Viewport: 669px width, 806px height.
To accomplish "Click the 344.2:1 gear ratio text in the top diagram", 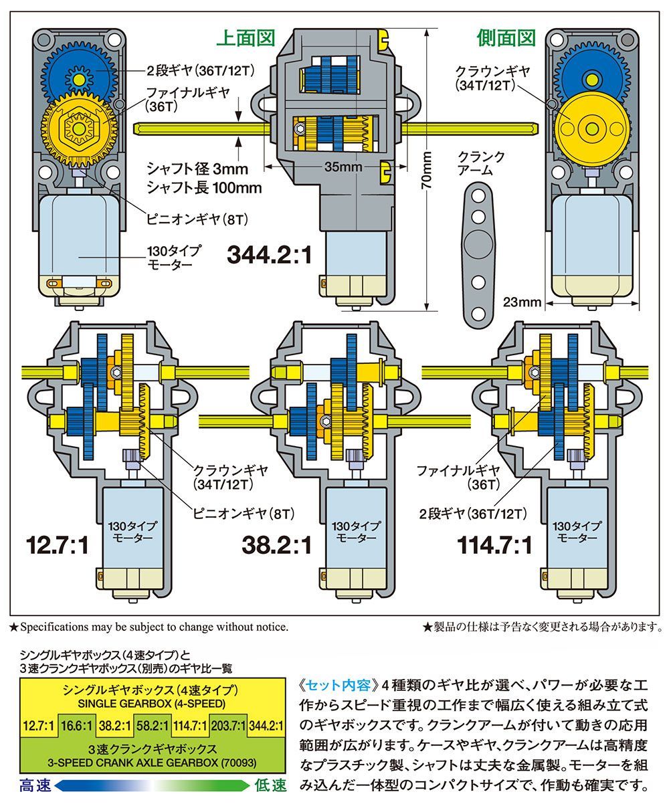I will (270, 255).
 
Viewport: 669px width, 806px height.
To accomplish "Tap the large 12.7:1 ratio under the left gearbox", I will (57, 544).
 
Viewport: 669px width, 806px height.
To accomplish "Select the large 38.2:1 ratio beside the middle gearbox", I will (277, 544).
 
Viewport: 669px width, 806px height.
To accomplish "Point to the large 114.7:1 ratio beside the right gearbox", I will (495, 544).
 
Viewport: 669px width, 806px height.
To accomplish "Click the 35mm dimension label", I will (344, 167).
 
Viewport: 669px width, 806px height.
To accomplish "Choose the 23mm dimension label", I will (522, 303).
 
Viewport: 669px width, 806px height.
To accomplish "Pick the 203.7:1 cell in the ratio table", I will (229, 726).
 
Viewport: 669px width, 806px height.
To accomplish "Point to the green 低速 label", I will (272, 785).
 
